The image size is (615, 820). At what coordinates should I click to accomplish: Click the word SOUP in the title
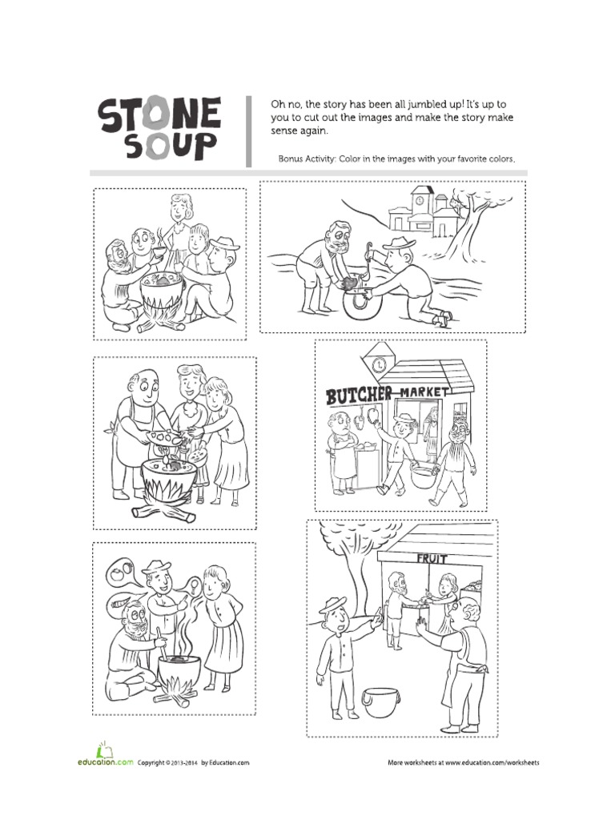point(159,147)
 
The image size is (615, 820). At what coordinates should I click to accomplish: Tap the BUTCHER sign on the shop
point(359,395)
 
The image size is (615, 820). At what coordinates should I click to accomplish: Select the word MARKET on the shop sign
point(427,392)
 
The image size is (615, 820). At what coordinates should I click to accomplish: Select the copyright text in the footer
point(193,763)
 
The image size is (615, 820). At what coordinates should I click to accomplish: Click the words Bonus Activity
point(307,159)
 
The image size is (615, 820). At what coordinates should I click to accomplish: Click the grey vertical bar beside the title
point(249,131)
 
